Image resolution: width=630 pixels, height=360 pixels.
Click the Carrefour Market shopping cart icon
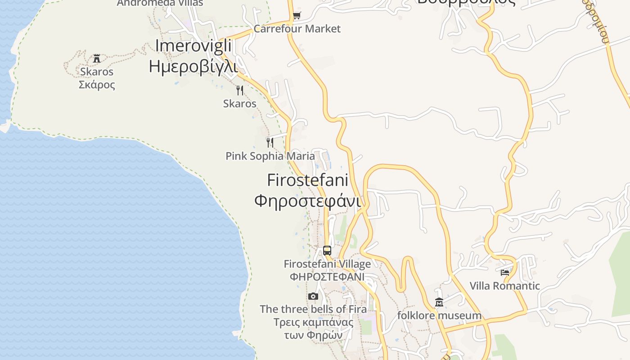297,16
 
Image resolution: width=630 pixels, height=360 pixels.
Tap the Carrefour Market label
297,29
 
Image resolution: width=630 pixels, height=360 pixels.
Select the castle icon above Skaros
97,58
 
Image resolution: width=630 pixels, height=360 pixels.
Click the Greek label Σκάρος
97,85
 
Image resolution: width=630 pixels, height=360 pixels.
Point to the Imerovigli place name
193,46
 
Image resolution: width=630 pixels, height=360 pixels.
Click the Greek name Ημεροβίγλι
193,66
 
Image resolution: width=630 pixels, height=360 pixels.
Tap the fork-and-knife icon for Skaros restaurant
240,90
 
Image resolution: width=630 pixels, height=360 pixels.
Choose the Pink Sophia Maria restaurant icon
270,143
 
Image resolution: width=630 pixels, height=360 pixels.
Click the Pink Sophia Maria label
270,156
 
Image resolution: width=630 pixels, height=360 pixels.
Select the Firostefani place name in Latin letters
308,180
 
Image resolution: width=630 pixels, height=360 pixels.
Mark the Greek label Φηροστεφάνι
308,201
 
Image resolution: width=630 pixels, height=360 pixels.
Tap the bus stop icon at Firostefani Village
327,251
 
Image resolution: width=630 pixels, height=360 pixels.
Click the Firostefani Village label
327,264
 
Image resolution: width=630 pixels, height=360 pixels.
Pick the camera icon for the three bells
313,296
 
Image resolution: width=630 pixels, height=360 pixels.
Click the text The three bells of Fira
313,309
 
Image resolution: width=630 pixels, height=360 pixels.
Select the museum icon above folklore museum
439,302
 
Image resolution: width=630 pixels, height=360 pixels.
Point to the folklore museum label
439,315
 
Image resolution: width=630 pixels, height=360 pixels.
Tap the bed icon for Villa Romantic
505,272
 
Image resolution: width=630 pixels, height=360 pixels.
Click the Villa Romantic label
505,286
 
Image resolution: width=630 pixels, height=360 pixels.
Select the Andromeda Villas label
160,3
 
